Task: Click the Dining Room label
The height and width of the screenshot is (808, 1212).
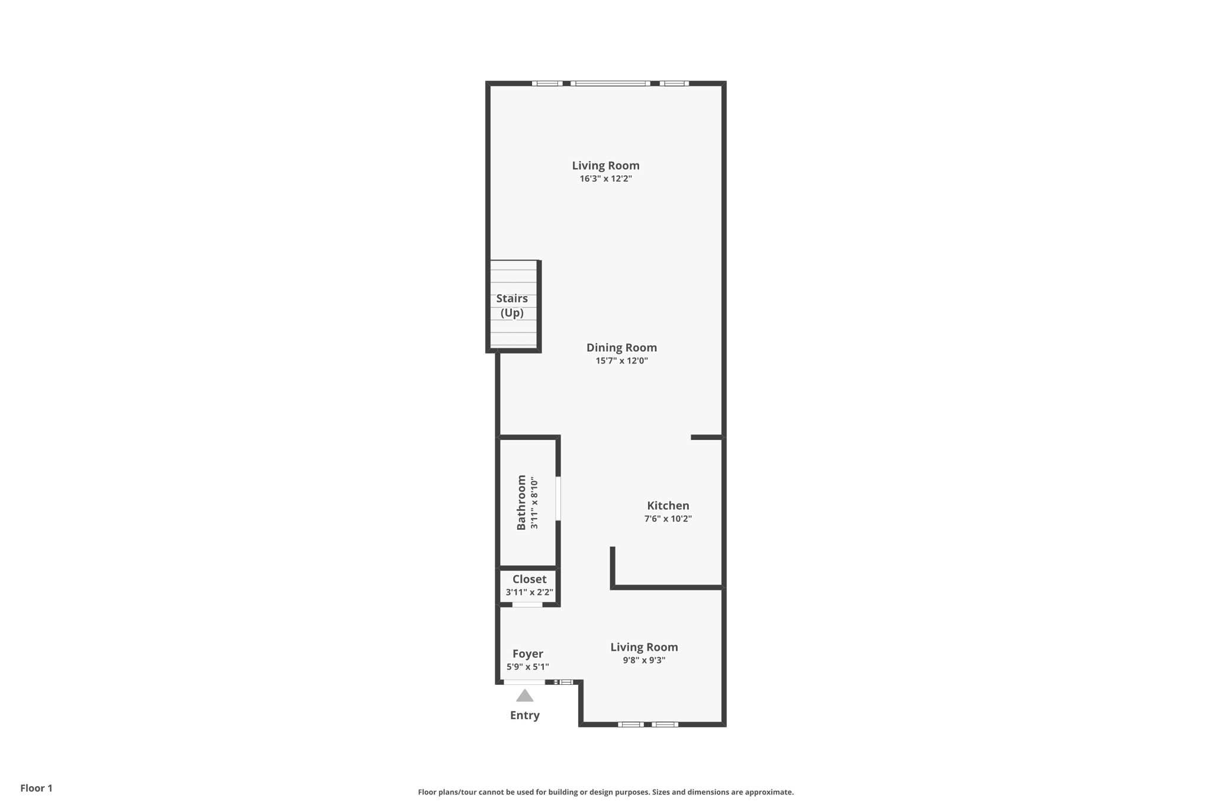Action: point(621,347)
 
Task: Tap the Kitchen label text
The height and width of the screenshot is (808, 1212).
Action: point(668,506)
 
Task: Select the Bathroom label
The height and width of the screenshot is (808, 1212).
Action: point(521,503)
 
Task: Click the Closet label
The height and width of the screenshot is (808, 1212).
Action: point(529,579)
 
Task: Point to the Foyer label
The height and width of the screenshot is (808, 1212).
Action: point(527,654)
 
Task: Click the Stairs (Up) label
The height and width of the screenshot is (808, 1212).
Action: point(512,305)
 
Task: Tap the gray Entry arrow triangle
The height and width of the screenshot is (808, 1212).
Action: point(524,696)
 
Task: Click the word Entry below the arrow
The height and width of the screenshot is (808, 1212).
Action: point(524,715)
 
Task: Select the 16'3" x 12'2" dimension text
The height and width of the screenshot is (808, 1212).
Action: point(605,179)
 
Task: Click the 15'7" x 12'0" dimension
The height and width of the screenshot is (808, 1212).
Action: point(621,361)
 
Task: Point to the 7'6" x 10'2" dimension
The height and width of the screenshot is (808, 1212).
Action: point(668,519)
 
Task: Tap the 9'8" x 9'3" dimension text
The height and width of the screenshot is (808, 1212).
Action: point(644,661)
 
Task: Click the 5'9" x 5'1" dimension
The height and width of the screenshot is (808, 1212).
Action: point(527,667)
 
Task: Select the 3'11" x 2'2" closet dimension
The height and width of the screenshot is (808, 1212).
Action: point(529,593)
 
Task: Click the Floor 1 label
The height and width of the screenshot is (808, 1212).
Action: point(36,788)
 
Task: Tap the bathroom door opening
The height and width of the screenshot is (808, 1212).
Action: point(558,498)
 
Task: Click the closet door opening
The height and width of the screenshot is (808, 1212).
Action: point(527,604)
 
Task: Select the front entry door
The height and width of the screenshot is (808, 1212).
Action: point(524,682)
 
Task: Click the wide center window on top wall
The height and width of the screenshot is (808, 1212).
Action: point(611,83)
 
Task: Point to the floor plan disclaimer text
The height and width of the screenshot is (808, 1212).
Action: point(605,792)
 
